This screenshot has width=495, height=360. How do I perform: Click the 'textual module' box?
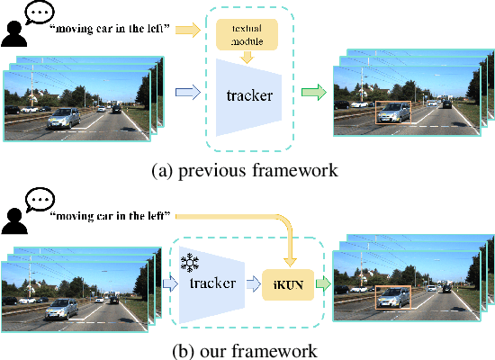(246, 33)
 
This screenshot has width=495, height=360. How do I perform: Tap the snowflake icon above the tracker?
(189, 263)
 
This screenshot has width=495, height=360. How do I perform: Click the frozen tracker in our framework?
(211, 283)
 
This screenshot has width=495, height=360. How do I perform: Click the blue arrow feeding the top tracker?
(186, 92)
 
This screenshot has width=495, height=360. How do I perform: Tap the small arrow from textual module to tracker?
(246, 58)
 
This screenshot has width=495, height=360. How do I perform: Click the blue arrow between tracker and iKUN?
(252, 284)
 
